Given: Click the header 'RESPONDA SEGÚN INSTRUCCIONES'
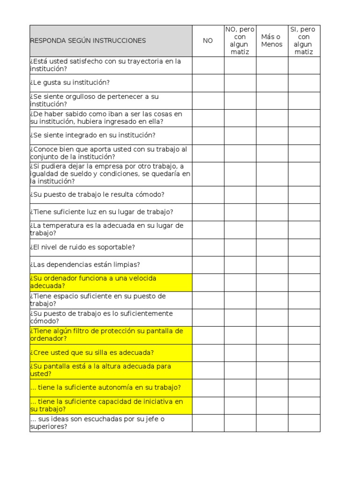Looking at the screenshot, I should tap(88, 41).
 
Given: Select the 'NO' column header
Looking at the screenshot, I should tap(208, 41).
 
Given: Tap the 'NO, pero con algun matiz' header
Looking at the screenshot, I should tap(240, 41).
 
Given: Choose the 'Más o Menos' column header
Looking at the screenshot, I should tap(272, 41).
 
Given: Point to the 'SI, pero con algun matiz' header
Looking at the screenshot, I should tap(304, 41).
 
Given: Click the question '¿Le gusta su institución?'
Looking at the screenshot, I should tap(70, 83).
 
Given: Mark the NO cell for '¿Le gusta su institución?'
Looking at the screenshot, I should tap(208, 83).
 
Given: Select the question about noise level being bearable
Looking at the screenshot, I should tap(82, 247).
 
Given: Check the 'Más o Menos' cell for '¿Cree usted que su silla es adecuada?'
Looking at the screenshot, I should tap(272, 353).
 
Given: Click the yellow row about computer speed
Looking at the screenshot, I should tap(93, 282).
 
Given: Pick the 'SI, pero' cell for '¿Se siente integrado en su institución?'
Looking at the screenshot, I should tap(304, 135).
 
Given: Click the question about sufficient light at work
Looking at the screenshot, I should tap(102, 212).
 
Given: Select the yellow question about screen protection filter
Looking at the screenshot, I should tap(106, 335).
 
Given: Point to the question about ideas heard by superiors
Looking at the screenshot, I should tap(97, 423).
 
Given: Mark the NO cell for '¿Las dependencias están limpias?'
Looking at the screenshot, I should tap(208, 265).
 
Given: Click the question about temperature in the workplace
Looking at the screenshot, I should tap(106, 230).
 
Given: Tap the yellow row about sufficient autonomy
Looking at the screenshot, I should tap(105, 388).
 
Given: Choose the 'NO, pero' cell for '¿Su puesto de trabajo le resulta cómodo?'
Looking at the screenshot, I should tap(240, 195).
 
